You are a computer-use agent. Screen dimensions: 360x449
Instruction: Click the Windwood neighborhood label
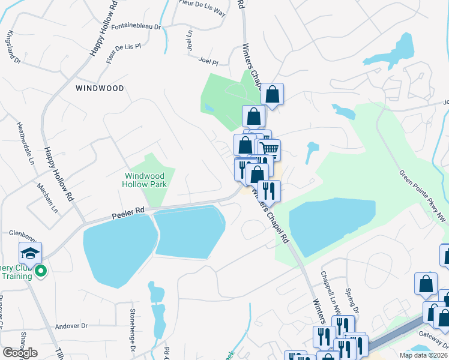coord(100,88)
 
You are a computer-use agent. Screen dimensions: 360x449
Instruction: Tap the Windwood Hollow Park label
coord(145,180)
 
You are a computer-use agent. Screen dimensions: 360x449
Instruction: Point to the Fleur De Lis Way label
coord(202,7)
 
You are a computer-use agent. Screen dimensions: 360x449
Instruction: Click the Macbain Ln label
coord(47,199)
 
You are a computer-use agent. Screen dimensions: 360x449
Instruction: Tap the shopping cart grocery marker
coord(270,149)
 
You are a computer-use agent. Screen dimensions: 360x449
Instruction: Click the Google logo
coord(20,353)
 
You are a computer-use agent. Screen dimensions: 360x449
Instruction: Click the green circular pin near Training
coord(41,272)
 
